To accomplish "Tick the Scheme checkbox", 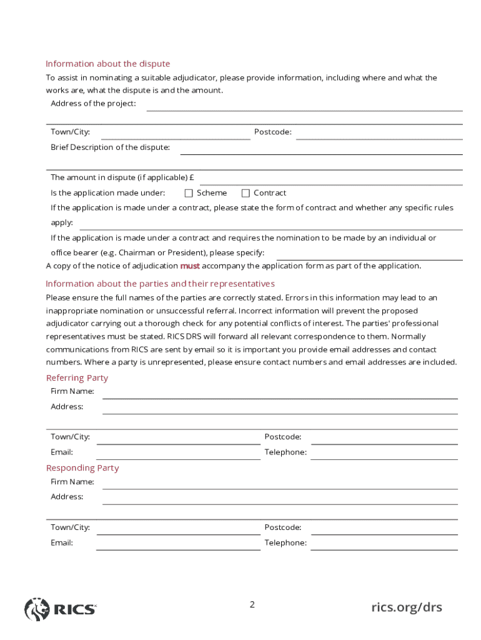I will (189, 193).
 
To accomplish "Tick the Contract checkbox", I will (245, 193).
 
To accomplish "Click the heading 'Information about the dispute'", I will (107, 64).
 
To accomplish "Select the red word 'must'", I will (190, 266).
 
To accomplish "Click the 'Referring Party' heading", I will (77, 378).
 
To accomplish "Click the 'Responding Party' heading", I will (82, 468).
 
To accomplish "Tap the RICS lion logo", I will (36, 609).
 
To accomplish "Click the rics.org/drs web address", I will (406, 607).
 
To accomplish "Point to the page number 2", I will (252, 604).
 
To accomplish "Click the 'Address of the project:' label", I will (93, 104).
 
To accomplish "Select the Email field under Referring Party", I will (178, 453).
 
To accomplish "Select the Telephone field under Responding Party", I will (384, 544).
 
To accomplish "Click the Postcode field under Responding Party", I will (384, 529).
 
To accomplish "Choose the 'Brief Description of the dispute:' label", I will (110, 147).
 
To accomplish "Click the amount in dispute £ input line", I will (330, 179).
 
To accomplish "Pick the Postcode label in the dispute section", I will (272, 132).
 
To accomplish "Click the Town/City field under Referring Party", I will (178, 438).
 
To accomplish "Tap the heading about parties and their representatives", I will (160, 284).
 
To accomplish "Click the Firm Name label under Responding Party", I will (72, 482).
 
